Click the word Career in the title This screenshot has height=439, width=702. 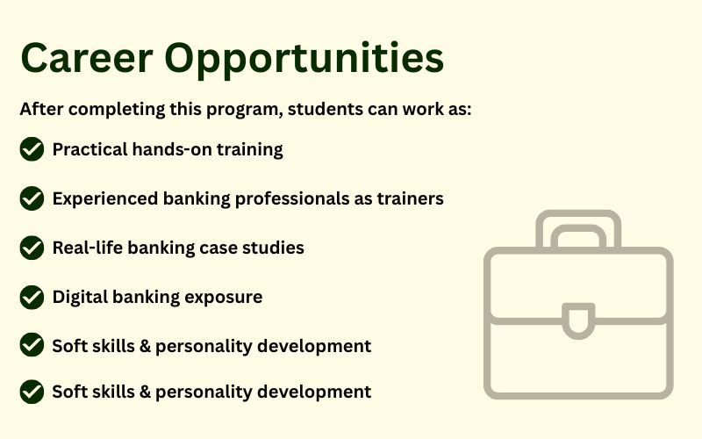[x=87, y=58]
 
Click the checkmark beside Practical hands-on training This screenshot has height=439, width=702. [x=32, y=149]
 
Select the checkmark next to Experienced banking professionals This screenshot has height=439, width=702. [x=32, y=198]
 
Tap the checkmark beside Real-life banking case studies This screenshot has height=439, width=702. [x=32, y=248]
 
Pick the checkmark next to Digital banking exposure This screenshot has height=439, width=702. [x=32, y=297]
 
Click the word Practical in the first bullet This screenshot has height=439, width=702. [x=90, y=149]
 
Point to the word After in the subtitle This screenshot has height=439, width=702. [x=41, y=109]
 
